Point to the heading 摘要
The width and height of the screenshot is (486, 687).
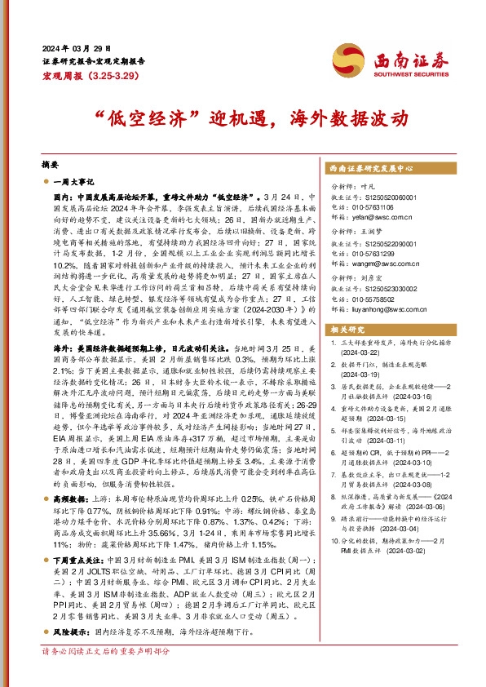51,164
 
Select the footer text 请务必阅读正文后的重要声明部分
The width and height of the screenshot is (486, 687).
106,674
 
